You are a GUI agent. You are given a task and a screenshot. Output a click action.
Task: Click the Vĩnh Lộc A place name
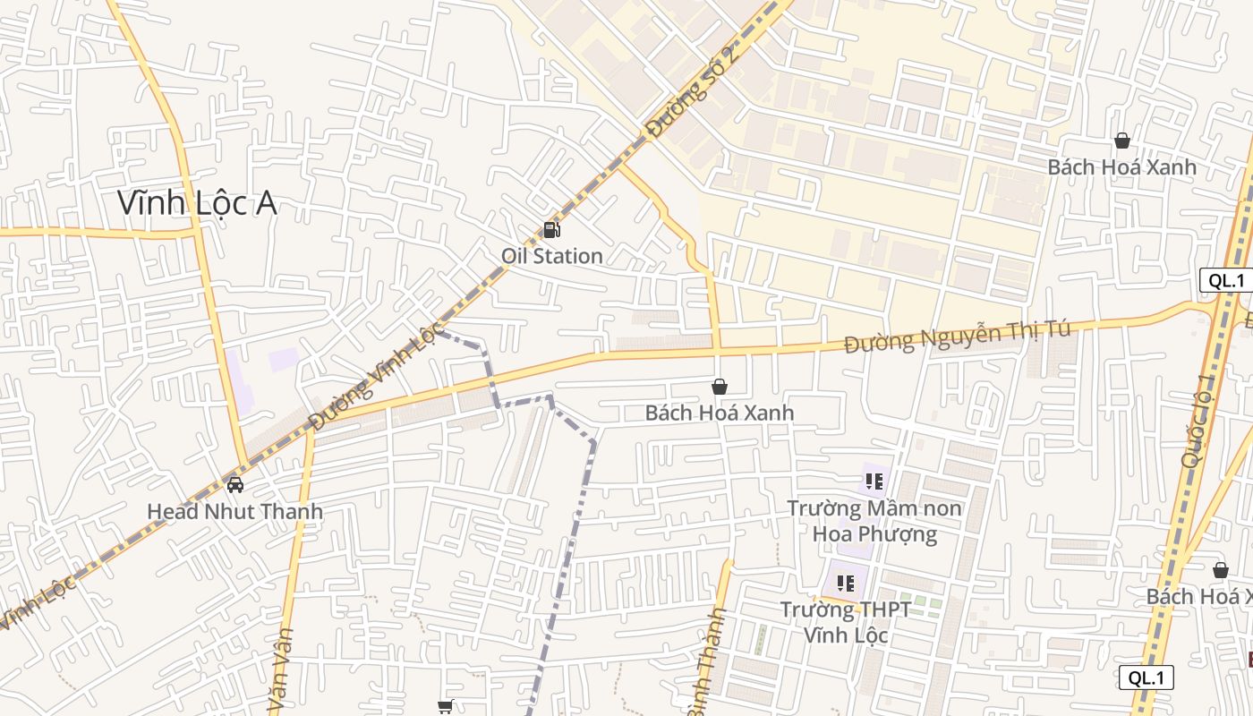pos(197,204)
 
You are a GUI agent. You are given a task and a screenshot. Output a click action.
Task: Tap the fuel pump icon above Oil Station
pos(552,230)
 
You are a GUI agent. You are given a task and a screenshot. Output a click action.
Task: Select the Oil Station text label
pos(551,256)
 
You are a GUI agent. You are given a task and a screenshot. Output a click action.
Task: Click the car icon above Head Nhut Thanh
pos(235,485)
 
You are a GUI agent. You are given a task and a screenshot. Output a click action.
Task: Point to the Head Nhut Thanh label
pos(234,512)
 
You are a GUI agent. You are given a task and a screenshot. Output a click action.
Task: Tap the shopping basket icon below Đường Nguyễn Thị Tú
pos(719,387)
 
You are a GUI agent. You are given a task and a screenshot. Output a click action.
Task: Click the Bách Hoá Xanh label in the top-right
pos(1121,167)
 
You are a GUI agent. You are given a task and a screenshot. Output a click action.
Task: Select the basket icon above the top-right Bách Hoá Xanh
pos(1121,141)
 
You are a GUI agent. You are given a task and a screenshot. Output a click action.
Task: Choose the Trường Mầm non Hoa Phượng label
pos(874,521)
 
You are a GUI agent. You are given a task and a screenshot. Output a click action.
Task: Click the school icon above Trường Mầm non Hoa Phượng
pos(874,482)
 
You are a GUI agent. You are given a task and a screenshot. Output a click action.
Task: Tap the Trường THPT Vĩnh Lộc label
pos(846,622)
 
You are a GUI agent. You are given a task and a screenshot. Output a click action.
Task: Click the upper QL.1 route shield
pos(1225,280)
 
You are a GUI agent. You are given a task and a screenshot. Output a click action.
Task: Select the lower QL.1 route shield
pos(1146,678)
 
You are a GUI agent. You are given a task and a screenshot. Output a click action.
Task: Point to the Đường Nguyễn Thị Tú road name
pos(957,336)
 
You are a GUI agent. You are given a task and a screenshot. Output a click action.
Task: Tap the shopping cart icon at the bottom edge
pos(445,707)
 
